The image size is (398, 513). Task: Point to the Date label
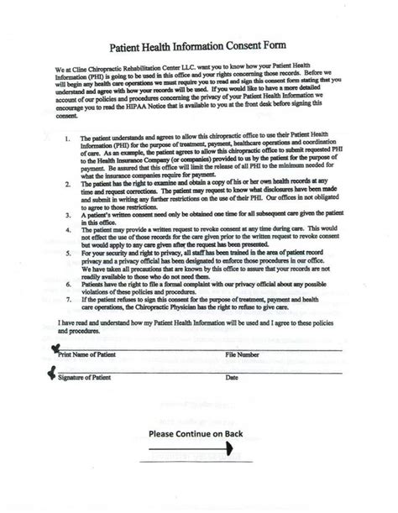point(232,378)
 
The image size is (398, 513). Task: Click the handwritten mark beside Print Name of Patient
point(55,348)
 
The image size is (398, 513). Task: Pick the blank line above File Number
point(285,349)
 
